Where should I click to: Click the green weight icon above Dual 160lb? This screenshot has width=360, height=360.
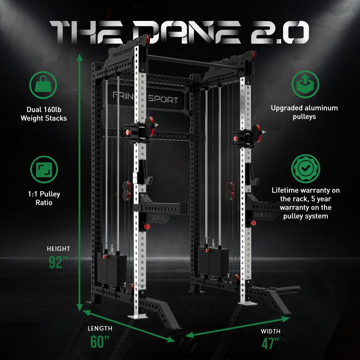point(43,85)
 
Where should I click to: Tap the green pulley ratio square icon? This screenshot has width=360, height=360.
point(44,170)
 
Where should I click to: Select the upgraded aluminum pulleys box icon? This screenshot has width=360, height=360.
point(305,84)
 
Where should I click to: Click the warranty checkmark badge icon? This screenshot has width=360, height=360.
point(305,169)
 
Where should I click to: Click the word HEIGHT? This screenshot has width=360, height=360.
point(58,249)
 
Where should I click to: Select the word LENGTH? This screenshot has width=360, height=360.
point(100,328)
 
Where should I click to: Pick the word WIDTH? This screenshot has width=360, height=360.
point(271,331)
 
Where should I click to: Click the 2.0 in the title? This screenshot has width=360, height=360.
point(280,32)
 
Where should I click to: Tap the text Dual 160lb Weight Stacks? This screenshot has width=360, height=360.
point(44,114)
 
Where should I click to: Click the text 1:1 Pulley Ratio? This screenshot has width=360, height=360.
point(44,198)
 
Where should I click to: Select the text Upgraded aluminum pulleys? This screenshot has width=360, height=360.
point(304,112)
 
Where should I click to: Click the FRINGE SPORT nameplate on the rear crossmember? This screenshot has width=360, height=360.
point(146,98)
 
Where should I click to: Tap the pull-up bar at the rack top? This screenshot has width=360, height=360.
point(195,62)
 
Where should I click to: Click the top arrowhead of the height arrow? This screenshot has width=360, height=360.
point(80,57)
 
